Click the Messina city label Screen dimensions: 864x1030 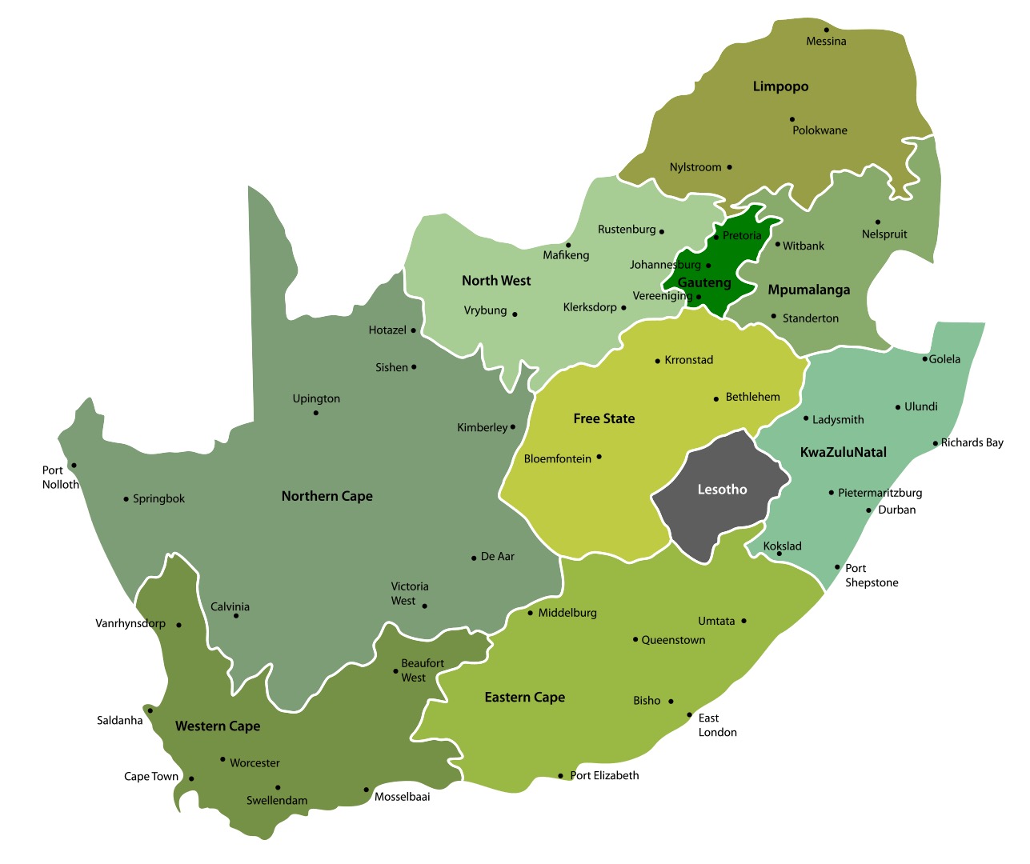pyautogui.click(x=826, y=42)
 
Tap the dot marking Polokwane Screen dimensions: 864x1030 pyautogui.click(x=792, y=119)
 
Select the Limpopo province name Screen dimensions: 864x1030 pyautogui.click(x=780, y=86)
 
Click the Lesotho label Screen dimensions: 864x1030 pyautogui.click(x=722, y=490)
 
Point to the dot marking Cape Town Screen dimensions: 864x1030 pyautogui.click(x=191, y=778)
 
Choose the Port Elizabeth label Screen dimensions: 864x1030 pyautogui.click(x=604, y=775)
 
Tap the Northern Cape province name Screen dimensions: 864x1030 pyautogui.click(x=327, y=496)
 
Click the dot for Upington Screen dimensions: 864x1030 pyautogui.click(x=316, y=413)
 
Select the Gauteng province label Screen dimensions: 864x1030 pyautogui.click(x=704, y=282)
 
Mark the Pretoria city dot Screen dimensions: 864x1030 pyautogui.click(x=716, y=237)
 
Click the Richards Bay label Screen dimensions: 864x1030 pyautogui.click(x=972, y=442)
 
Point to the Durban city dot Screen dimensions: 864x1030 pyautogui.click(x=868, y=510)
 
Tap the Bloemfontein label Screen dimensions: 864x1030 pyautogui.click(x=558, y=459)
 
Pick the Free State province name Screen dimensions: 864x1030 pyautogui.click(x=603, y=418)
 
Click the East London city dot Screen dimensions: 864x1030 pyautogui.click(x=689, y=715)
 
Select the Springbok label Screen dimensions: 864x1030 pyautogui.click(x=158, y=499)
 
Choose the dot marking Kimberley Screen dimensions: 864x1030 pyautogui.click(x=513, y=427)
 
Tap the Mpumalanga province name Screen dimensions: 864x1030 pyautogui.click(x=808, y=290)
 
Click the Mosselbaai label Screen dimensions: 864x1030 pyautogui.click(x=402, y=797)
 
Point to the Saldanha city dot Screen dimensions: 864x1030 pyautogui.click(x=150, y=710)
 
